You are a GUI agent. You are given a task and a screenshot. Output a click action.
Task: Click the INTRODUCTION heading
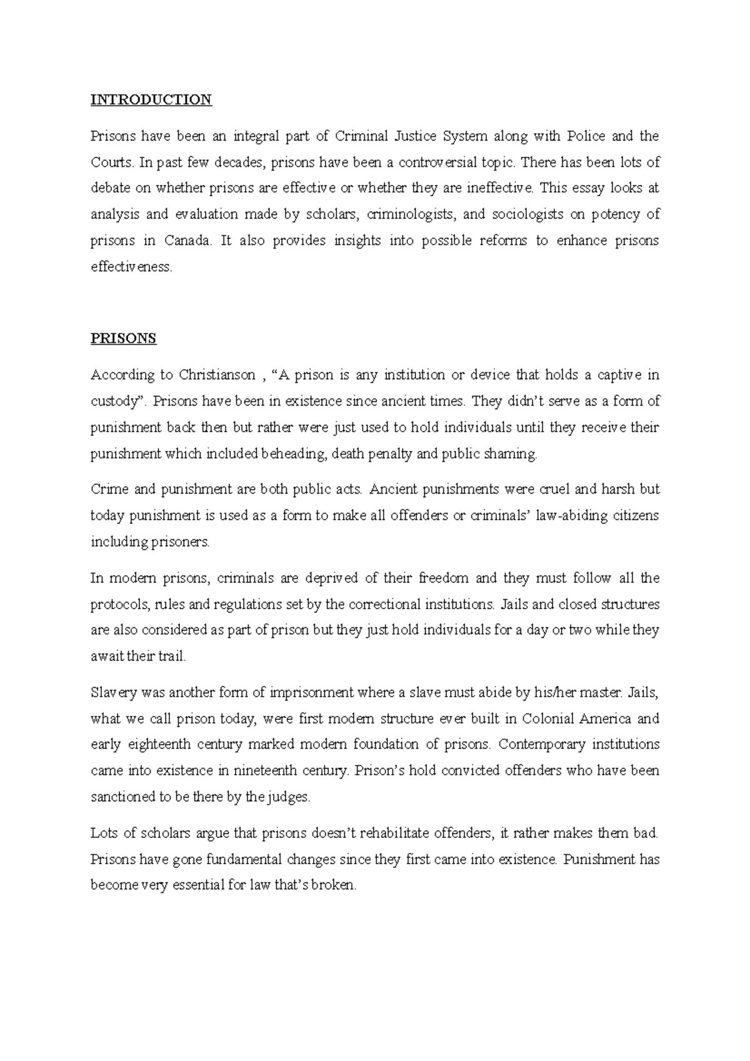click(x=151, y=100)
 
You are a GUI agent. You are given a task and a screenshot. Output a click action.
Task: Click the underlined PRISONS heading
click(x=123, y=339)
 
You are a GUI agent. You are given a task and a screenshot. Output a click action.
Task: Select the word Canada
click(x=187, y=241)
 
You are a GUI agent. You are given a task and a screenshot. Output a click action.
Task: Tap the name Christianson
click(x=217, y=375)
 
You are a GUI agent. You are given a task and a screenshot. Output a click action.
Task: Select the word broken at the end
click(x=336, y=886)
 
